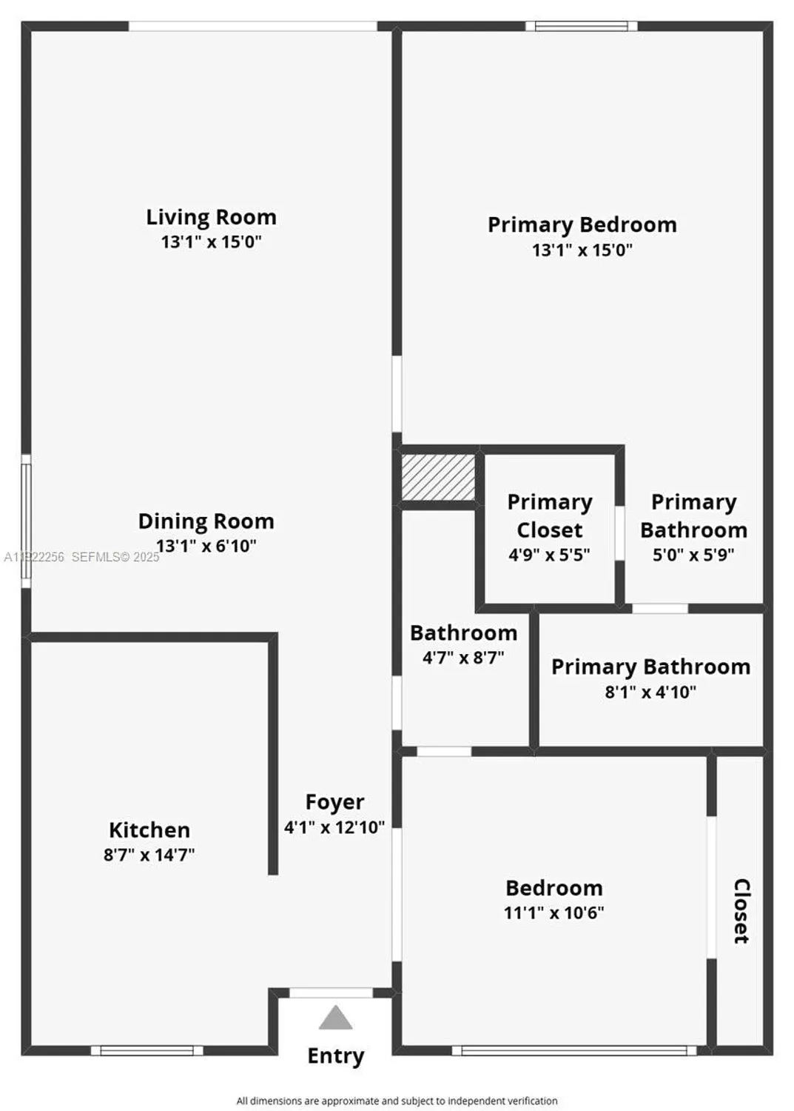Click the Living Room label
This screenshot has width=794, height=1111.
point(211,217)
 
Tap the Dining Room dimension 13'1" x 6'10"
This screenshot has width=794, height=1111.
point(206,547)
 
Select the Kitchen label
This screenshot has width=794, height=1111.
point(149,830)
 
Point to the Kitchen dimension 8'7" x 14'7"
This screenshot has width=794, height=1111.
point(149,855)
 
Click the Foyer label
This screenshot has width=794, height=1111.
point(334,802)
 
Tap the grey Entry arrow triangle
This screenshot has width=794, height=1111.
point(335,1018)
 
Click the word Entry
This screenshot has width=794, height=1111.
point(336,1055)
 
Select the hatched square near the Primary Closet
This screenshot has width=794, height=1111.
point(438,477)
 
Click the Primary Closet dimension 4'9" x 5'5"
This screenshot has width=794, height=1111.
point(549,555)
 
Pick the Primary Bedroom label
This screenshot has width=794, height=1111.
point(582,224)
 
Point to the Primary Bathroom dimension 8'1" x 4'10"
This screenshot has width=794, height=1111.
point(650,692)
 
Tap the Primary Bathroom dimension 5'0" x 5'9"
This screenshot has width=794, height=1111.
point(693,555)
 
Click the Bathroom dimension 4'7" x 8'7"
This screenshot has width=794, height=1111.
point(463,657)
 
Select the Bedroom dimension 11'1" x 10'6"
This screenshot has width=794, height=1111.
point(554,913)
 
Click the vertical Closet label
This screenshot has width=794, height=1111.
point(741,911)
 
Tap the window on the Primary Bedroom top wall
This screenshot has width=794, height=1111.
point(582,27)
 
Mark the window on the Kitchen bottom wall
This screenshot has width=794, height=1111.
point(147,1050)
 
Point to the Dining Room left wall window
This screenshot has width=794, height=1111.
point(26,521)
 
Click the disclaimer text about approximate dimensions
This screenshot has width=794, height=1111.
point(397,1101)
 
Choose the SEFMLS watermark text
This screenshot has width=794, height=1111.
point(115,557)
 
